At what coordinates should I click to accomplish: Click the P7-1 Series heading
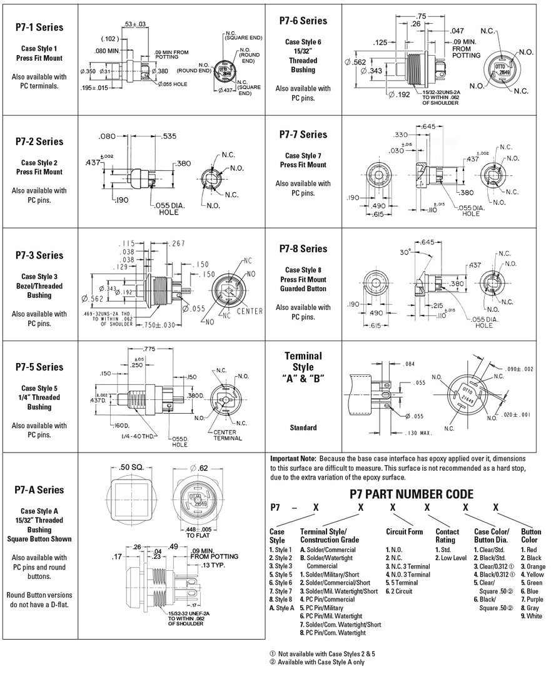coord(39,28)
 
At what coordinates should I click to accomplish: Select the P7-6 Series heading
coord(303,21)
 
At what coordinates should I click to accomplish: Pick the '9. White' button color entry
coord(533,615)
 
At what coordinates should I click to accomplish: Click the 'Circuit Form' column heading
coord(404,531)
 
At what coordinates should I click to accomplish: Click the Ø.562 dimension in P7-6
coord(360,62)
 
